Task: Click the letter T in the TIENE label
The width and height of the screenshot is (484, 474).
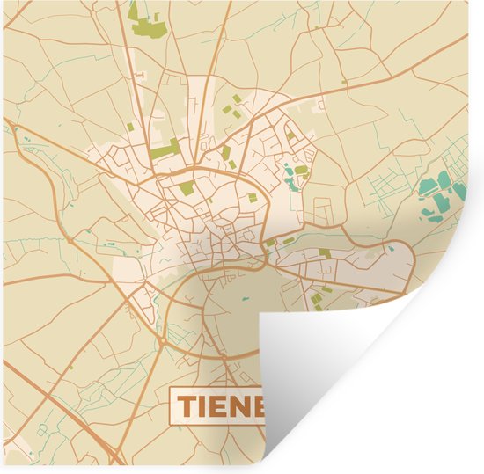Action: point(188,405)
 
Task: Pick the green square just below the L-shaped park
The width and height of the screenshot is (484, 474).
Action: point(186,186)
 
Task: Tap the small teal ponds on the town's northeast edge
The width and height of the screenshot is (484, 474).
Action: point(290,179)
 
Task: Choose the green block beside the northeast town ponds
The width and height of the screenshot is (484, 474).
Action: point(301,170)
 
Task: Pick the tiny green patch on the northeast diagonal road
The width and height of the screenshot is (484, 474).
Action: point(346,84)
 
